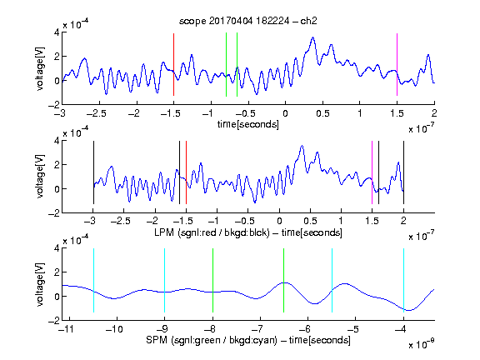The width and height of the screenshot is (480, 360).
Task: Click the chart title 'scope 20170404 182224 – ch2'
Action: tap(247, 21)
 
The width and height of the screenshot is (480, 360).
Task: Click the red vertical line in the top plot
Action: tap(173, 65)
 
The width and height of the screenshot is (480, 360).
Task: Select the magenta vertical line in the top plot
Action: tap(397, 65)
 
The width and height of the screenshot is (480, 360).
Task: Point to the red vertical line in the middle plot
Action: tap(186, 172)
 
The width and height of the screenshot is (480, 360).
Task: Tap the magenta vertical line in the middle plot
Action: tap(372, 172)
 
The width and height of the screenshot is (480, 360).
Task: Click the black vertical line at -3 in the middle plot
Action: tap(93, 172)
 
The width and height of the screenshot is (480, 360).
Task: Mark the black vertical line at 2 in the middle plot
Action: tap(403, 172)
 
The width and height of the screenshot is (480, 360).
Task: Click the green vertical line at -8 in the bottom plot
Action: tap(212, 280)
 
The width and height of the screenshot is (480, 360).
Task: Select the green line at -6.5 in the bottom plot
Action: tap(284, 280)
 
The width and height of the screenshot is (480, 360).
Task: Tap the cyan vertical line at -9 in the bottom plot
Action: tap(165, 280)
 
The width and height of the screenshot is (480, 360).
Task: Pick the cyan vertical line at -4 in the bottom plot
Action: tap(403, 280)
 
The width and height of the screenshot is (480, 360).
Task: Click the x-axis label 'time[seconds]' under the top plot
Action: tap(248, 124)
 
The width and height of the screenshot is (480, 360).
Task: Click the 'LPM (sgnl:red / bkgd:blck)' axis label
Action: tap(212, 232)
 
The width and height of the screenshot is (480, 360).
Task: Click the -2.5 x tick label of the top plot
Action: tap(97, 113)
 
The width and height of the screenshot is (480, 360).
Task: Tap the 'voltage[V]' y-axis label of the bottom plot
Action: tap(40, 284)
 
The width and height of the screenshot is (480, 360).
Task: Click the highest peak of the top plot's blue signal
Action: tap(312, 37)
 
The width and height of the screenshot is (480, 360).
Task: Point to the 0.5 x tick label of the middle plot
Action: tap(310, 221)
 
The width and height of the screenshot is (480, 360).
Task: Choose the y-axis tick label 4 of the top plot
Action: tap(57, 32)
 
